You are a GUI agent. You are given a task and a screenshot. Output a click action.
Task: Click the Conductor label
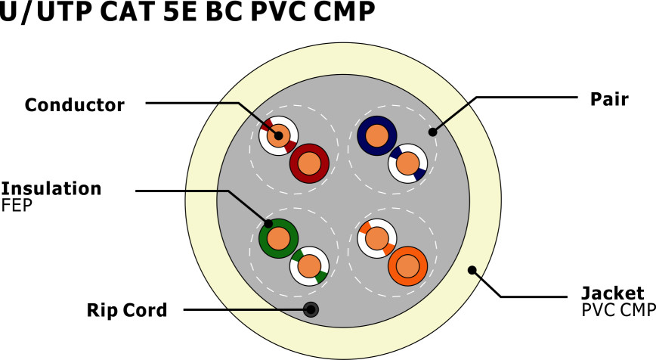point(74,105)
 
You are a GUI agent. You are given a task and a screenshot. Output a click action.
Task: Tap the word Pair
point(609,98)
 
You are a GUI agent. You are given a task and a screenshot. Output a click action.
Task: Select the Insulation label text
point(51,188)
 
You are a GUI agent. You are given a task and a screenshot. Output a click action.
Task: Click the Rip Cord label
point(126,309)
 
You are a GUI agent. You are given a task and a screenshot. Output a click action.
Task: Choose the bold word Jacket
point(612,293)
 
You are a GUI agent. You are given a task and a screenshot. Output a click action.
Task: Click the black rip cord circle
point(311,309)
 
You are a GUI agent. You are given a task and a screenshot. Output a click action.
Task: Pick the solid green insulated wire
point(278,238)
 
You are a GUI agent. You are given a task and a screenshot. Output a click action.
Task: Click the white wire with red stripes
point(279,136)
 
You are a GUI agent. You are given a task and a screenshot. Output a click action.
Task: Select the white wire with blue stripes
point(408,163)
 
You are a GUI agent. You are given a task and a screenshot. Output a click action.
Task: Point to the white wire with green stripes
point(309,266)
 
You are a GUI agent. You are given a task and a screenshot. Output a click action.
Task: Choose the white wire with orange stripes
point(377,239)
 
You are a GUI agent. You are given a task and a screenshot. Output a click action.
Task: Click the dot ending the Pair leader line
point(432,132)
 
